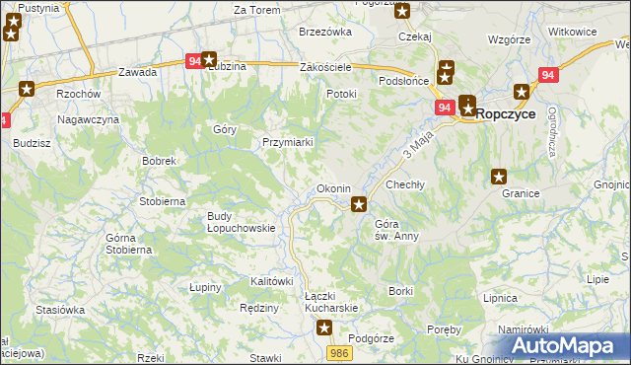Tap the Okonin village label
pos(333,188)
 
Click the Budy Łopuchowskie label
pos(240,222)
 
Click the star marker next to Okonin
pos(360,205)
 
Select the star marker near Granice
pos(500,178)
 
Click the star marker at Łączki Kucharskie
pos(324,328)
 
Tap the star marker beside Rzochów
pos(26,89)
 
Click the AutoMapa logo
pos(569,346)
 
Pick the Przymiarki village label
pos(288,142)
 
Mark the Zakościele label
pos(326,67)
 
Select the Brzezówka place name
pos(325,32)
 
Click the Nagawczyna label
pos(88,119)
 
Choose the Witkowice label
pos(573,32)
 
